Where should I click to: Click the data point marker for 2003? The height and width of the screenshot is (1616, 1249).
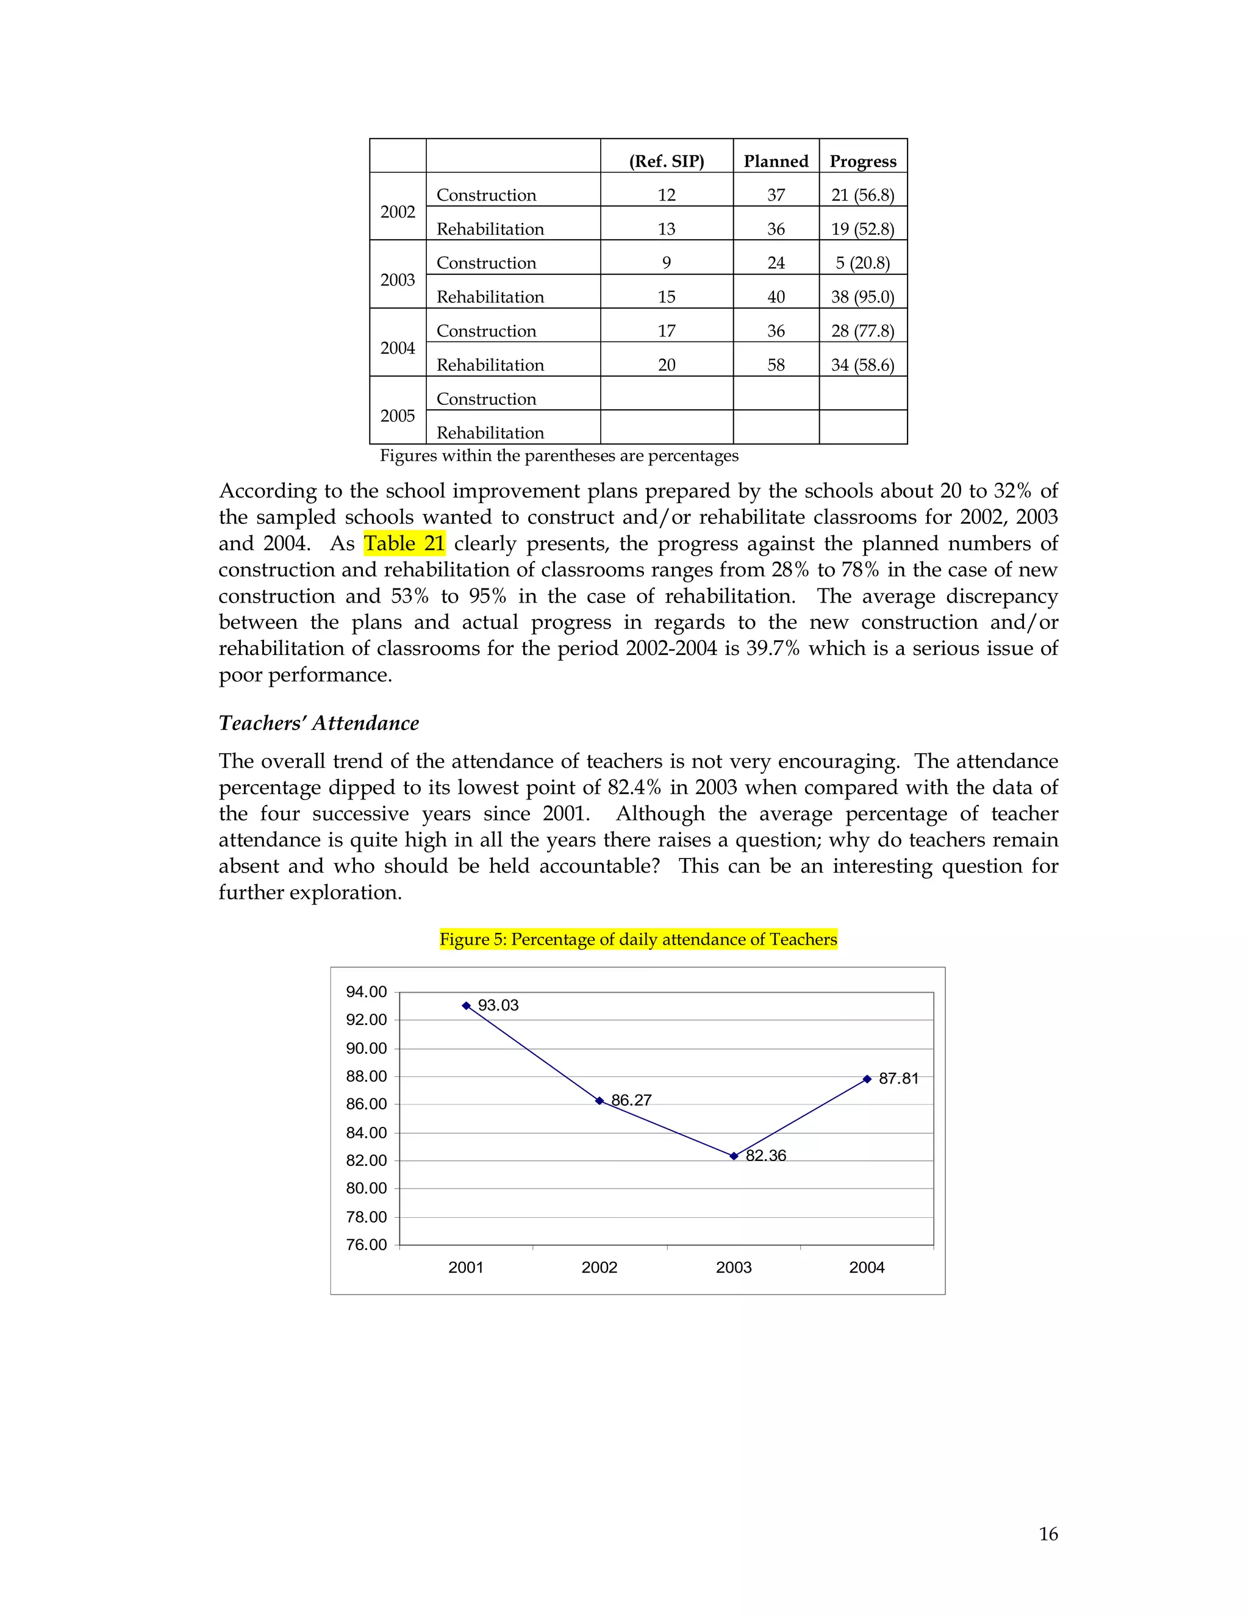[x=733, y=1156]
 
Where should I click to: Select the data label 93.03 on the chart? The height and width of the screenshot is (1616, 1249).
[x=498, y=1006]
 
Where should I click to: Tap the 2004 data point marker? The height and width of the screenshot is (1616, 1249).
[x=867, y=1079]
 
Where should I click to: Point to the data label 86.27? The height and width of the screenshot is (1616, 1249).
[x=631, y=1100]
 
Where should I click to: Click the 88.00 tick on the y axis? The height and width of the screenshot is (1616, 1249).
[x=367, y=1076]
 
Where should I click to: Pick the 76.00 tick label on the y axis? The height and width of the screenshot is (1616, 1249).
[x=367, y=1245]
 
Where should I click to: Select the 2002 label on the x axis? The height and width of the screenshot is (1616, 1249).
[x=599, y=1268]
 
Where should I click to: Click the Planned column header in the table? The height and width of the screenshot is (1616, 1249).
[x=776, y=162]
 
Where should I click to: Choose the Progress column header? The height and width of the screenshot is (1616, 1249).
[x=863, y=162]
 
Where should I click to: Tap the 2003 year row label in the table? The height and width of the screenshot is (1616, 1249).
[x=398, y=281]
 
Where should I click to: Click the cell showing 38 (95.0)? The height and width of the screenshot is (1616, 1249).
[x=863, y=298]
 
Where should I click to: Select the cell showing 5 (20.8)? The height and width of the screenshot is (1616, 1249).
[x=863, y=263]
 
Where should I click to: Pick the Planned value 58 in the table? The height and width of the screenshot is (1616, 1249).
[x=776, y=365]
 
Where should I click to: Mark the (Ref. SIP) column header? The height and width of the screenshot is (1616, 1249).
[x=667, y=162]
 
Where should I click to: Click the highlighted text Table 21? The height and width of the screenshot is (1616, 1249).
[x=404, y=544]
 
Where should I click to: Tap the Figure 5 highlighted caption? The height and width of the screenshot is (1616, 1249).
[x=638, y=940]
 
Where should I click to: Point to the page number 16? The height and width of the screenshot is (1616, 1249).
[x=1048, y=1534]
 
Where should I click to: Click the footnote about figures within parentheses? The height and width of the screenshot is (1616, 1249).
[x=559, y=456]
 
